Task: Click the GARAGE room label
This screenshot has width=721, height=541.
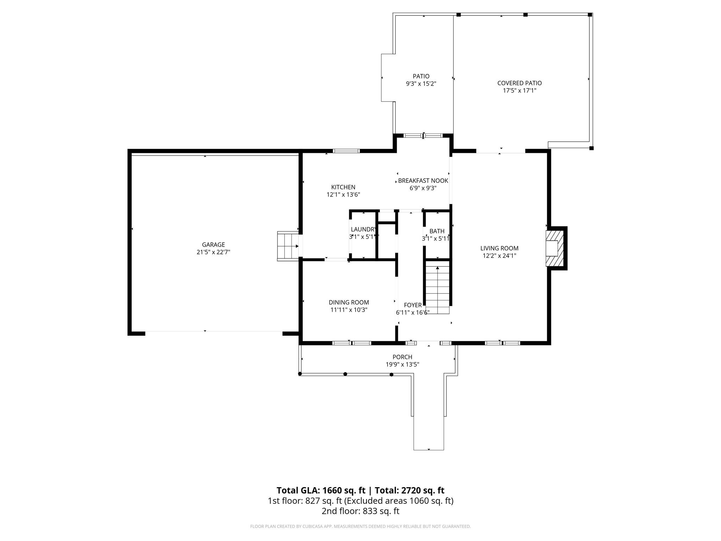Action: point(213,244)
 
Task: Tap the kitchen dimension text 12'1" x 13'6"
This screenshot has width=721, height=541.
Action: point(343,194)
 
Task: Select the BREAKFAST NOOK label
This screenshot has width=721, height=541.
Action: point(423,181)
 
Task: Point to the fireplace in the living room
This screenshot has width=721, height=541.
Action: point(554,248)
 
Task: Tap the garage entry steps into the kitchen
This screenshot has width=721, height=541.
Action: point(288,246)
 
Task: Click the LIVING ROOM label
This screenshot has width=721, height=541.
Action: point(499,248)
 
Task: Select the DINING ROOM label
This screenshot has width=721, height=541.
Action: point(349,302)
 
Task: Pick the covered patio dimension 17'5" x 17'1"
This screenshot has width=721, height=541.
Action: point(519,91)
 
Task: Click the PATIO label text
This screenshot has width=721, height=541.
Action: point(421,76)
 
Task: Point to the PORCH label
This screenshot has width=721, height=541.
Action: point(402,357)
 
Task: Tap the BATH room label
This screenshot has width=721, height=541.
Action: point(437,231)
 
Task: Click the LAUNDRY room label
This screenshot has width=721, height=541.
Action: point(363,229)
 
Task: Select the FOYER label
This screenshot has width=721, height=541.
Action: point(413,305)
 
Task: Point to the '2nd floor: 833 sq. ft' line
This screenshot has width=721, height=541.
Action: point(360,511)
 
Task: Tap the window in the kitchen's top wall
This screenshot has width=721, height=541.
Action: point(346,151)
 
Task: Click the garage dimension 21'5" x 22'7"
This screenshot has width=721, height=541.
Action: point(213,252)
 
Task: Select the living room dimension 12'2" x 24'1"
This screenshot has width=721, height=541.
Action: point(499,256)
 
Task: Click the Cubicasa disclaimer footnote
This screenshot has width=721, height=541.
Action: point(360,527)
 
